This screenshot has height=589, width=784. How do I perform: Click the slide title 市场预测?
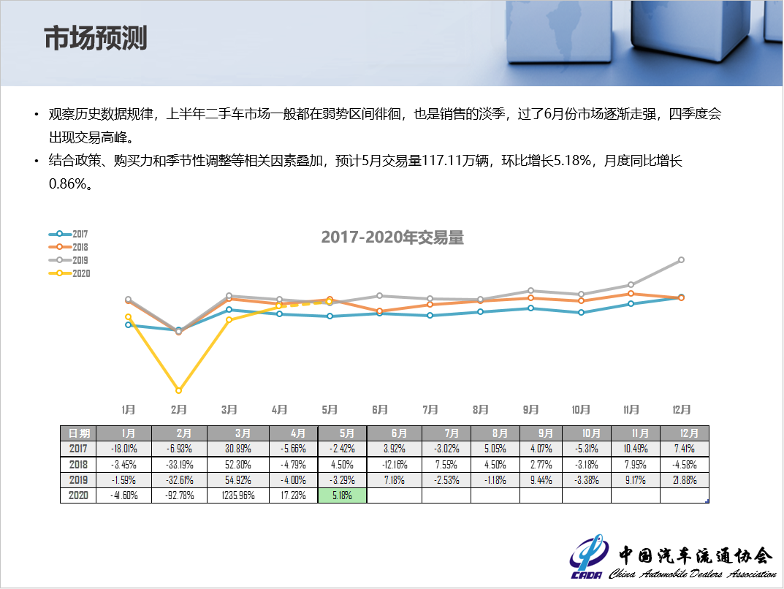pos(96,39)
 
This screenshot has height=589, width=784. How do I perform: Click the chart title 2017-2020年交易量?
pos(392,237)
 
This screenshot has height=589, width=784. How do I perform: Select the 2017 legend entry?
pos(69,234)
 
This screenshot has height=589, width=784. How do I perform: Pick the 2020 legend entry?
pos(69,273)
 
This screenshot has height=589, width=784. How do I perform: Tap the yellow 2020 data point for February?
pos(178,390)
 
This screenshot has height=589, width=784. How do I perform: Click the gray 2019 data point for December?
pos(681,259)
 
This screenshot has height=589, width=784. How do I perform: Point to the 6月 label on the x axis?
pos(380,409)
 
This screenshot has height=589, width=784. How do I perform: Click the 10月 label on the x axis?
pos(581,409)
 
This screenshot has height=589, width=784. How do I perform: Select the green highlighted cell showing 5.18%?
pos(342,495)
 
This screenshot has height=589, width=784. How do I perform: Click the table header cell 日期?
pos(78,433)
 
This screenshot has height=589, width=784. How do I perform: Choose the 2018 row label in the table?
pos(78,464)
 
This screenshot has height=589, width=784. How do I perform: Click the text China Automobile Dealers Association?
pos(693,574)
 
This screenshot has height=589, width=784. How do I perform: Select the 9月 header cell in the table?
pos(541,433)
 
